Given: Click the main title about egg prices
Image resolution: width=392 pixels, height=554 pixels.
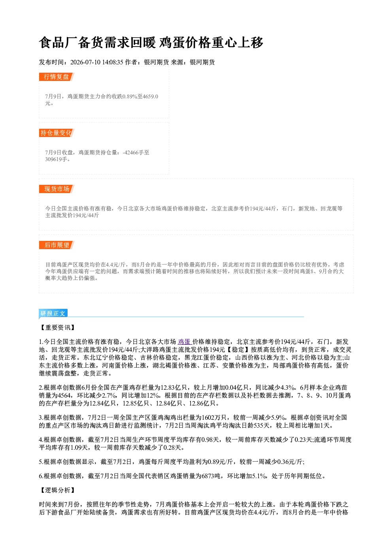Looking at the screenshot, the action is coord(151,43).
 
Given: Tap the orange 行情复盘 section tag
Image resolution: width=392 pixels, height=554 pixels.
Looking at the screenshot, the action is coord(57,77).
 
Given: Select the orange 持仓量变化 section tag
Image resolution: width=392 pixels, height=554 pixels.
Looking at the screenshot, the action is coord(57,133).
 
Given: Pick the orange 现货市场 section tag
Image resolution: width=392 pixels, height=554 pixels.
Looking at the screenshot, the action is coord(57,189).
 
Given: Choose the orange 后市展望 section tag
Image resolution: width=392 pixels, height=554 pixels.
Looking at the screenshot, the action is coord(57,245).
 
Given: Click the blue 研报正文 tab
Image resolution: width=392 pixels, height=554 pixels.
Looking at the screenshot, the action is coord(53,314).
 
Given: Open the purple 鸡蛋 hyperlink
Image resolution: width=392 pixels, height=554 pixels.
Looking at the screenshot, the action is coord(185,342).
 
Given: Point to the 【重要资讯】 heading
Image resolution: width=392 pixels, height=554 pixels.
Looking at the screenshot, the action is coord(57,328).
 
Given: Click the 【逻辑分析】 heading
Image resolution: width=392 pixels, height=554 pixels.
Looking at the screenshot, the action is coord(57,490).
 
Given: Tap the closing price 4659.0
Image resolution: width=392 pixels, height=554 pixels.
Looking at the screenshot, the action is coord(151,96).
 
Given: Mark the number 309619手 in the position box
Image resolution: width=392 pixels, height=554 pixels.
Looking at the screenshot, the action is coord(56,159).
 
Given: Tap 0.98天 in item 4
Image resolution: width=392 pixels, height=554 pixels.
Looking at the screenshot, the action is coord(211,440).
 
